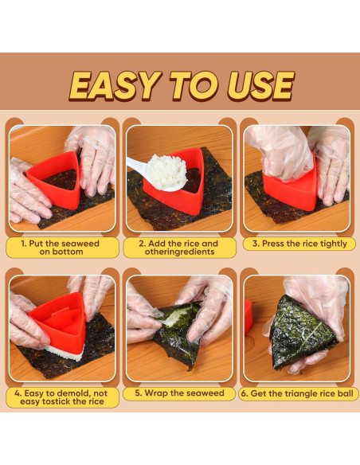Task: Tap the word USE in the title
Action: (x=261, y=86)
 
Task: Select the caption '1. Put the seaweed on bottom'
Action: (x=61, y=248)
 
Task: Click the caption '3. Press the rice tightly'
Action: (x=299, y=244)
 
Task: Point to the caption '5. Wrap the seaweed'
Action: (x=179, y=393)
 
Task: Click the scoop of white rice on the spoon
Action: (x=166, y=172)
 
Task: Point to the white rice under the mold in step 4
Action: (x=64, y=353)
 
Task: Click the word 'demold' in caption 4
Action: (x=73, y=393)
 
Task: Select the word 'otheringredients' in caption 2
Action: (x=179, y=252)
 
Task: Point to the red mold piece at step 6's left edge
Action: (x=248, y=317)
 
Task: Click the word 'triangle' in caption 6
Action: (x=302, y=394)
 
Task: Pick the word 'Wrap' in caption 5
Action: (x=156, y=393)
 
